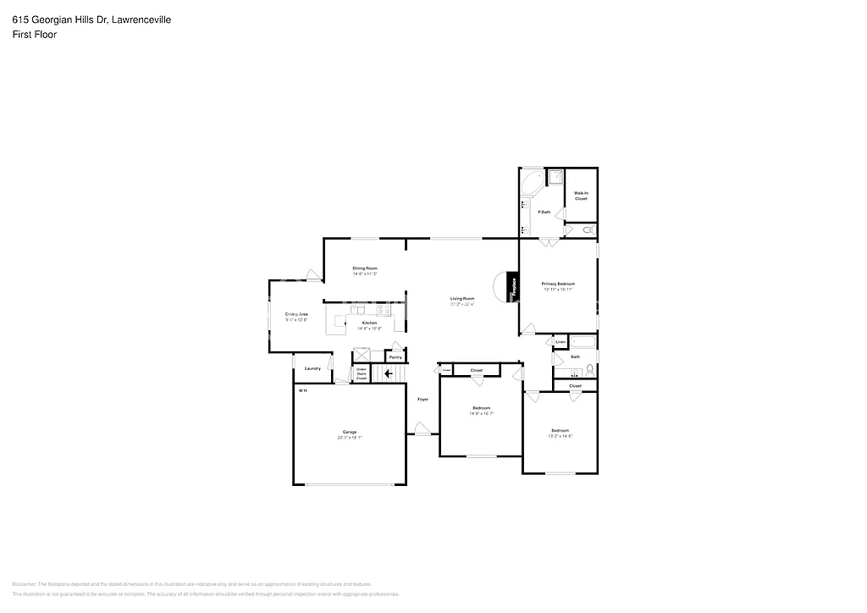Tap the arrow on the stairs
coord(389,373)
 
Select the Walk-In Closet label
coord(581,196)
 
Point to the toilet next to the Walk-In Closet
coord(589,229)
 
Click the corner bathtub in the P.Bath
coord(532,182)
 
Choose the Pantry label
coord(395,357)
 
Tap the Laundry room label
coord(312,368)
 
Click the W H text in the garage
coord(302,390)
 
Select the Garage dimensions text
coord(350,438)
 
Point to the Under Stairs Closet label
coord(362,373)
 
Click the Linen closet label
coord(561,342)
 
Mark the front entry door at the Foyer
coord(422,434)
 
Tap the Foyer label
coord(422,399)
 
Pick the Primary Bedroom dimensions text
coord(558,290)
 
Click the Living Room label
coord(461,298)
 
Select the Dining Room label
coord(365,268)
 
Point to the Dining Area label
coord(296,314)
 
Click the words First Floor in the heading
coord(35,35)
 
